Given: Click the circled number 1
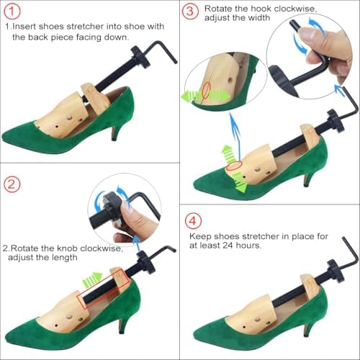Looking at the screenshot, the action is (x=12, y=12).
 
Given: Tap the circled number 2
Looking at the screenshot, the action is (x=12, y=184).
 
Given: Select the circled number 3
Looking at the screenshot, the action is (x=190, y=12).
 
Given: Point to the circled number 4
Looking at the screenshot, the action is (x=193, y=221).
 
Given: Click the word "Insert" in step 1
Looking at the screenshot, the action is (x=24, y=26).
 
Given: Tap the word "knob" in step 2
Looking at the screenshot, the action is (x=68, y=248).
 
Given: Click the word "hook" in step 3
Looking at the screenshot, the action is (x=261, y=9).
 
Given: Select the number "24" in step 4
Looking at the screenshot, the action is (x=228, y=246).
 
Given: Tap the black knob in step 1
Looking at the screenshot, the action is (x=140, y=57).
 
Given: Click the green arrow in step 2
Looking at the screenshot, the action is (x=92, y=279).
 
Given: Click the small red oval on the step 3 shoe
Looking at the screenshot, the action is (x=233, y=166).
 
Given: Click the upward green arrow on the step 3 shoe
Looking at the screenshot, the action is (x=227, y=153).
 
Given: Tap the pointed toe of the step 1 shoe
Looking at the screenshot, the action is (x=5, y=138).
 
